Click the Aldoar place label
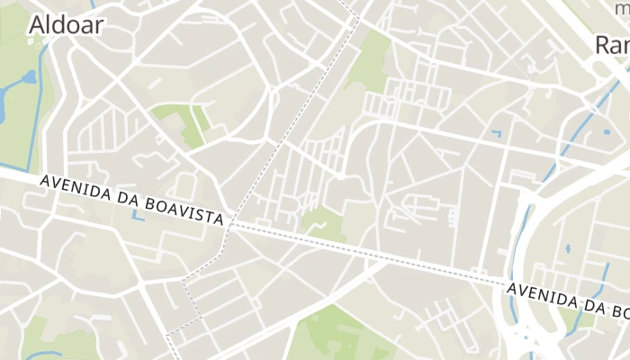(x=66, y=24)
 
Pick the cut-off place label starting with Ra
(x=612, y=44)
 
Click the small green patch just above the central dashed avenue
(x=322, y=223)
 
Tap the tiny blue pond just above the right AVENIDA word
(x=567, y=248)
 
